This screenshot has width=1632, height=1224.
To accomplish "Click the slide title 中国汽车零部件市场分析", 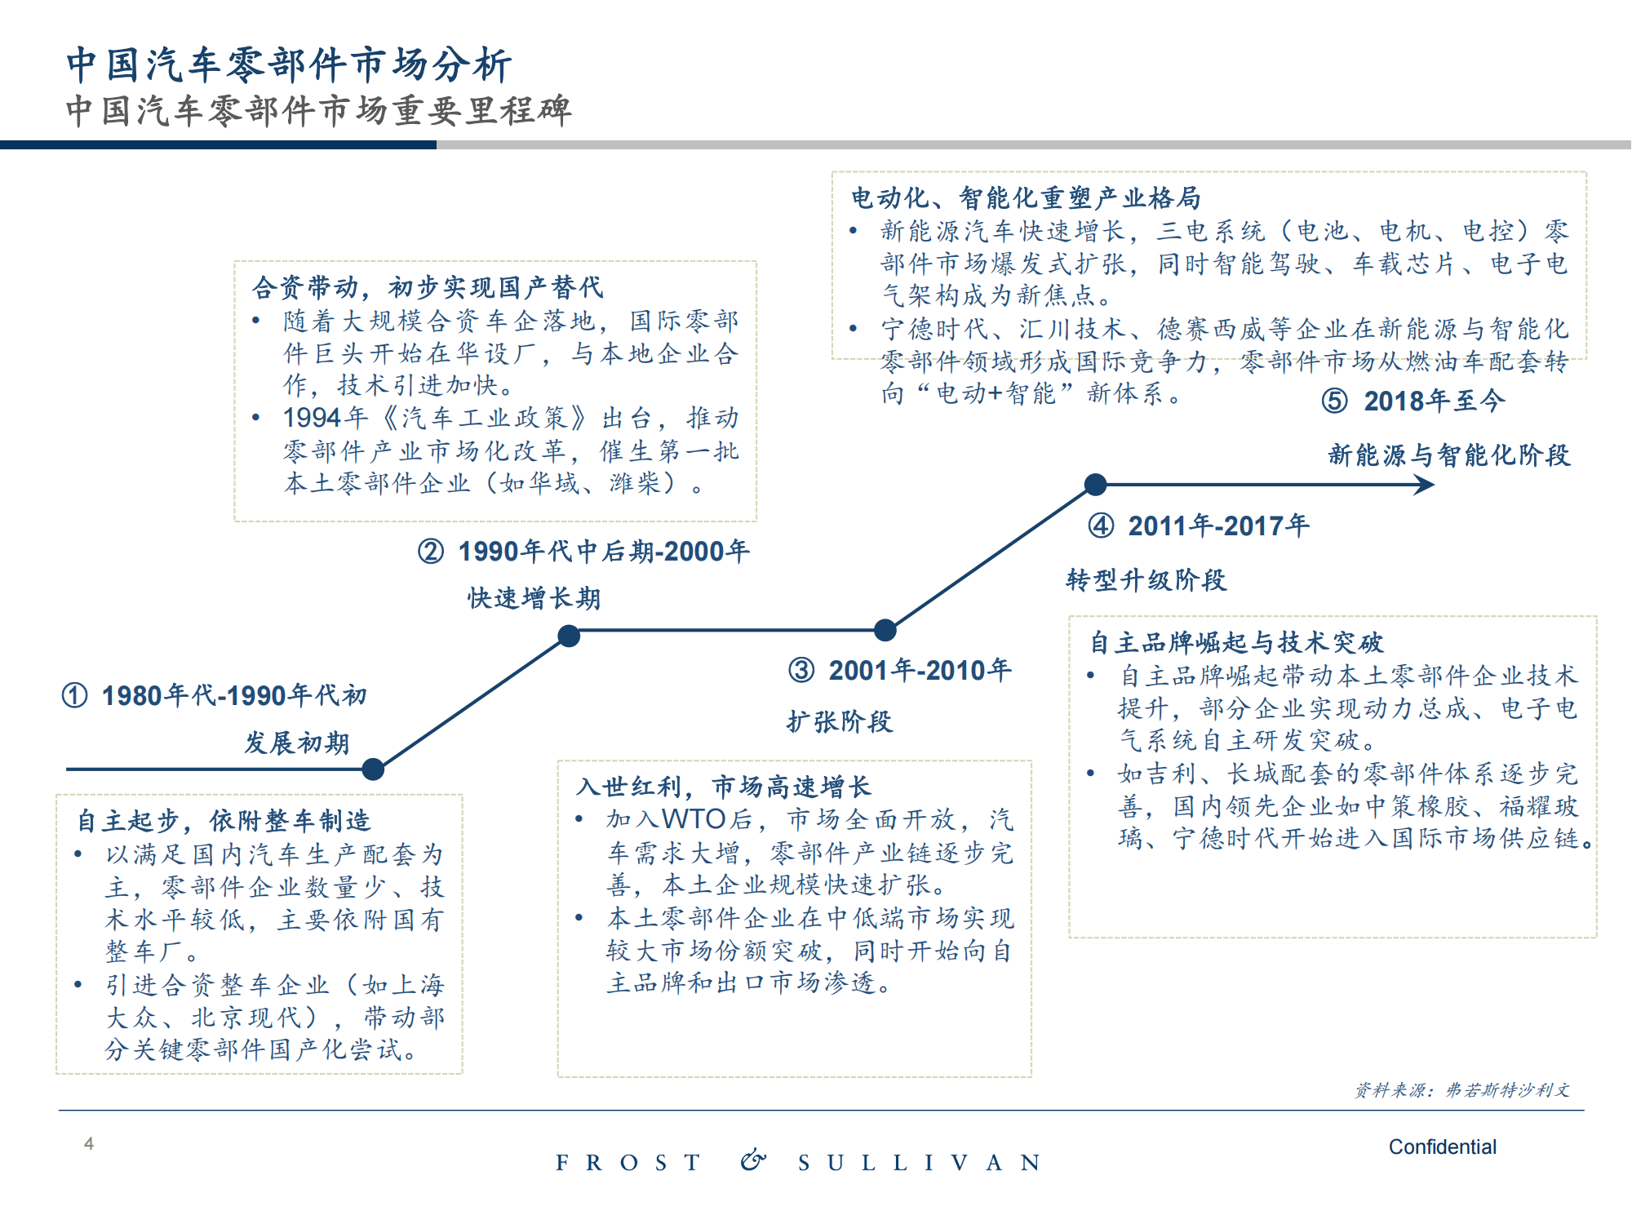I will point(289,64).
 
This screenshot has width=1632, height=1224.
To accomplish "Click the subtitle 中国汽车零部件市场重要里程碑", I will point(318,111).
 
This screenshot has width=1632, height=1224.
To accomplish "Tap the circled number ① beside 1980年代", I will point(74,696).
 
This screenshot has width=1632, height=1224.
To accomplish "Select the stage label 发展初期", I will point(297,743).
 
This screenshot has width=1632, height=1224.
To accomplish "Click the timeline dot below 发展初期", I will point(373,769).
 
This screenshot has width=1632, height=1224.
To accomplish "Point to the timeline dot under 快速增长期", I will point(569,636).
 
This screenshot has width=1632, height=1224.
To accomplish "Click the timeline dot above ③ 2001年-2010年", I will point(885,630).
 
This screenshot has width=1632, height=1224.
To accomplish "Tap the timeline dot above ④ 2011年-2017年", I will point(1095,485).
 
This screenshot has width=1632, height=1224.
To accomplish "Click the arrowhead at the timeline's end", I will point(1425,485).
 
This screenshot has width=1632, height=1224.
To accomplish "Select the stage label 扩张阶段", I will point(840,721).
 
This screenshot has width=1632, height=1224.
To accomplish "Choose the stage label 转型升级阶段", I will point(1146,580).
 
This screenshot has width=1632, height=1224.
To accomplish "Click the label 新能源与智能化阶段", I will point(1448,455).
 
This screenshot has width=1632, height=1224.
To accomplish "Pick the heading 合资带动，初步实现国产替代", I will point(428,287).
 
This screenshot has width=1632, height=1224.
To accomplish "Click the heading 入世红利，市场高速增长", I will point(723,786).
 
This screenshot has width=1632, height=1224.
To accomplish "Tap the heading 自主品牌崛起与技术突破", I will point(1236,642).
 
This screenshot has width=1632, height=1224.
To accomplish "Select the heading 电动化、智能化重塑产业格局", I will point(1026,197).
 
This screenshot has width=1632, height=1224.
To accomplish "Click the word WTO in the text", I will point(694,818).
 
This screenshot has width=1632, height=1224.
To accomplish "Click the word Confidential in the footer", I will point(1442,1146).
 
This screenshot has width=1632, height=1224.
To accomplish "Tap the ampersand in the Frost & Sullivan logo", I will point(753,1160).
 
